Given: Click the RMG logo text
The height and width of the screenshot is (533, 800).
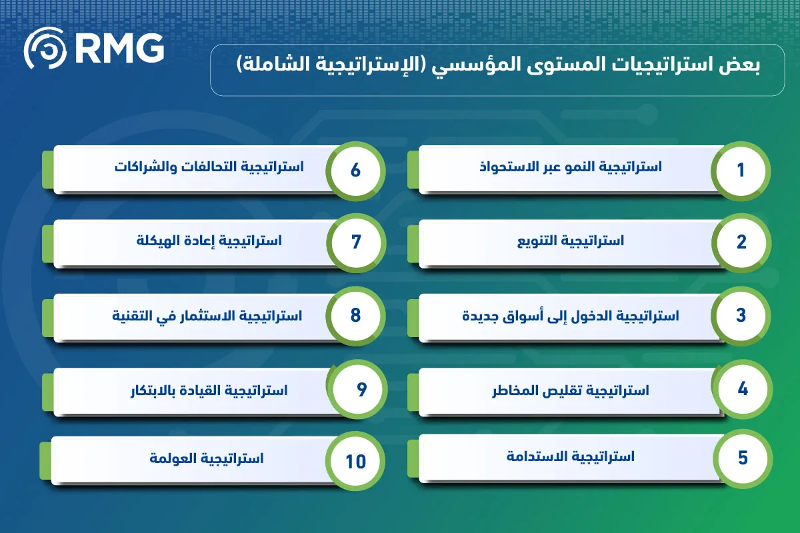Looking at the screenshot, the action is [x=120, y=49].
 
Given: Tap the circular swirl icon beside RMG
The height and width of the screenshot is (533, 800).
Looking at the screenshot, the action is [x=45, y=48].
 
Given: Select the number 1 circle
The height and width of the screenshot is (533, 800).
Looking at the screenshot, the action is [x=741, y=171].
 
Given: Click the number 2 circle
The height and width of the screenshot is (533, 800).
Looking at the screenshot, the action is [x=741, y=243].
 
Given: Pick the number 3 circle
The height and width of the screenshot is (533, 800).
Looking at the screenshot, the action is [x=741, y=316].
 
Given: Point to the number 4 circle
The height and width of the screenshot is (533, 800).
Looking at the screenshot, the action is [x=743, y=389].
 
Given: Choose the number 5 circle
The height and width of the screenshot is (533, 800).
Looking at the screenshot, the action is [x=743, y=458].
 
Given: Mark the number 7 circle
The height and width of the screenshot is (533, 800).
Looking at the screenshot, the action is [x=356, y=243].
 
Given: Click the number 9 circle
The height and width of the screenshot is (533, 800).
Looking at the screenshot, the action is [x=357, y=389].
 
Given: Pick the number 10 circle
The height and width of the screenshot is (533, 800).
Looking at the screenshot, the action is [x=355, y=461].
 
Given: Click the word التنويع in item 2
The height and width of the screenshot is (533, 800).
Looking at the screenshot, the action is [x=536, y=241].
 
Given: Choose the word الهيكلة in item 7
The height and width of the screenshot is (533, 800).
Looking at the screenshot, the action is [x=158, y=241].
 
